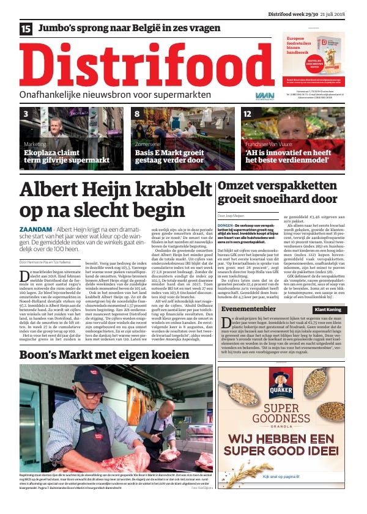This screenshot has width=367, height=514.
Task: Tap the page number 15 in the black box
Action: coord(26,29)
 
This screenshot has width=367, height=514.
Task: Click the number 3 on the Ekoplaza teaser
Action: coord(26,114)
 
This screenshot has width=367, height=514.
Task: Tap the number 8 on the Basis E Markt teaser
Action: coord(137,114)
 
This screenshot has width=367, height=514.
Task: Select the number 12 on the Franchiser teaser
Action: coord(247,114)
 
